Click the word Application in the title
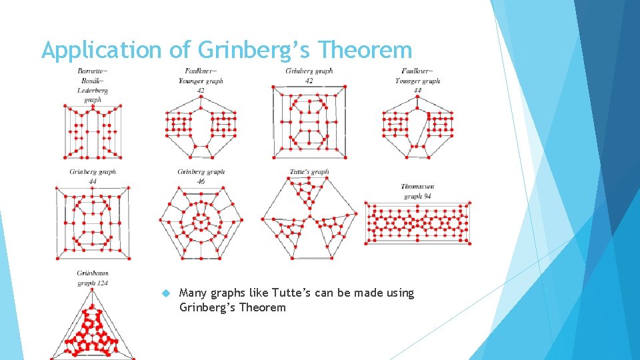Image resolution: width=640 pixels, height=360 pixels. tap(101, 50)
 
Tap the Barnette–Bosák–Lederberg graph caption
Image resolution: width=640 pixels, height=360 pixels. tap(93, 85)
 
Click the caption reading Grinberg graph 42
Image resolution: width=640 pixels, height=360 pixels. tap(309, 75)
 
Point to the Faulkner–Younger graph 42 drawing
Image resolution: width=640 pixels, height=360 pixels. tap(201, 127)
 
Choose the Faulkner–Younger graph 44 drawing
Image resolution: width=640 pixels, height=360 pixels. tap(417, 127)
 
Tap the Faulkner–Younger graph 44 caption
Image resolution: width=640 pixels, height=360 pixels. tap(418, 80)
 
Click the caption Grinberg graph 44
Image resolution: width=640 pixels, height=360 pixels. tap(93, 176)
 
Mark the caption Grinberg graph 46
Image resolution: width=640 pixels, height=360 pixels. tap(201, 176)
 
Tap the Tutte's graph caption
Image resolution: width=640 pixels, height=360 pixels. tap(309, 172)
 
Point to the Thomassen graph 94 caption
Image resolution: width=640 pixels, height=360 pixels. tap(417, 191)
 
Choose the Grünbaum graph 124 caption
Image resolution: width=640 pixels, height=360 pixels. tap(93, 278)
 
